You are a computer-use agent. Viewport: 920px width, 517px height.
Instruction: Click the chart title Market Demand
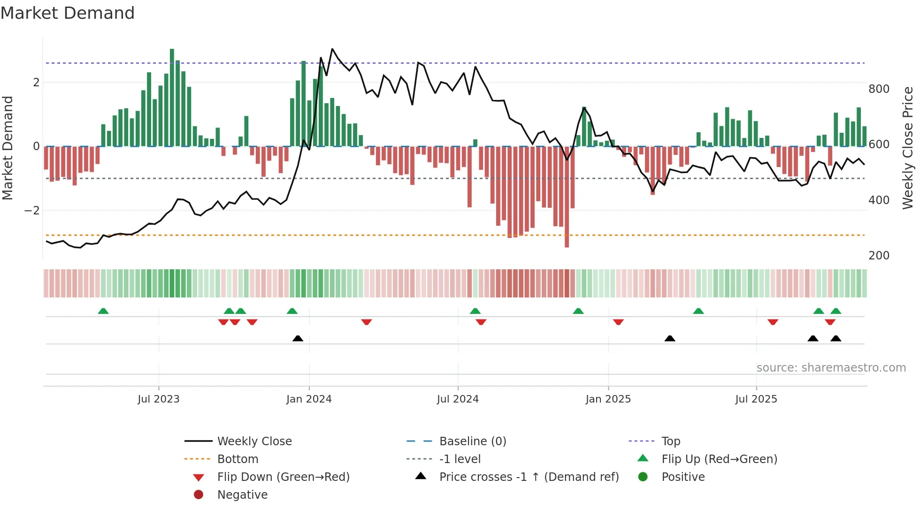point(68,13)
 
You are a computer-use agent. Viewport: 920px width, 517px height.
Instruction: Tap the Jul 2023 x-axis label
point(158,399)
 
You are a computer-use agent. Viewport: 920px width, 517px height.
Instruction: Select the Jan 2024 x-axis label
point(309,399)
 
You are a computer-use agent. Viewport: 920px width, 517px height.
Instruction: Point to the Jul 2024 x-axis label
point(458,399)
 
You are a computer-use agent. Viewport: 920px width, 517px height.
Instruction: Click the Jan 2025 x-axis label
point(608,399)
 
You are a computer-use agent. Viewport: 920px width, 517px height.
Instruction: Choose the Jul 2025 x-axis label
point(756,399)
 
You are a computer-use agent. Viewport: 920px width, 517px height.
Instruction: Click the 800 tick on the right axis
point(879,89)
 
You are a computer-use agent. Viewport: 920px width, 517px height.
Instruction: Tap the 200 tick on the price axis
point(879,256)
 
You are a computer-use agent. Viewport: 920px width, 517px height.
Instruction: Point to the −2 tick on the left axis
point(32,211)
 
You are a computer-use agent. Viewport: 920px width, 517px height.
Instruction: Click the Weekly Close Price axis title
point(908,148)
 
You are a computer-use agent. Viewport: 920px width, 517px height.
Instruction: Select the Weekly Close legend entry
point(254,441)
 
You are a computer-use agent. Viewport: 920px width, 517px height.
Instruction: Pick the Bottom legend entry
point(238,459)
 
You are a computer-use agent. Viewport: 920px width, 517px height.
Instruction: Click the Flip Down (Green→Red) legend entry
point(283,477)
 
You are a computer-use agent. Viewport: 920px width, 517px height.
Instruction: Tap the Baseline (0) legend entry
point(472,441)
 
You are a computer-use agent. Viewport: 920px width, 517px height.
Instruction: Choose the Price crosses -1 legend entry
point(529,477)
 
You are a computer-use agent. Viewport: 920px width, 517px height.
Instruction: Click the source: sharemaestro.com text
point(831,368)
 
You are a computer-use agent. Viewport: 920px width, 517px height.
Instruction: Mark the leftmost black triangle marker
point(298,338)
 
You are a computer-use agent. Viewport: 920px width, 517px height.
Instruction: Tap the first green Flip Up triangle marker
point(103,311)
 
